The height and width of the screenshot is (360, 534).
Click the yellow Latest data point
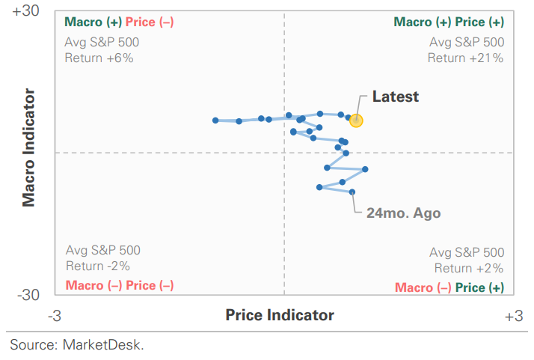point(356,120)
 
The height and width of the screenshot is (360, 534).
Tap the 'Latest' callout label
point(395,97)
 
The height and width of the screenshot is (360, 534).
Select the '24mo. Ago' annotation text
point(403,213)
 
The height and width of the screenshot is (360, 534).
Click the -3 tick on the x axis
point(54,316)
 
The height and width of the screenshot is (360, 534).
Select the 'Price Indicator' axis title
point(280,315)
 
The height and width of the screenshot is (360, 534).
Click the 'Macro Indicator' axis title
point(28,147)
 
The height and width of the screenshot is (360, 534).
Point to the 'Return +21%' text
point(465,58)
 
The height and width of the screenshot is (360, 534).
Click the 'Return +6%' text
point(99,58)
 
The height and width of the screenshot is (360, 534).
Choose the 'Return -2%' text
point(98,266)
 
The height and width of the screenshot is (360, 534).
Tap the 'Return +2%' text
point(468,268)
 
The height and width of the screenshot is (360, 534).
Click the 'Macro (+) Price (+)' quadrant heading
point(449,22)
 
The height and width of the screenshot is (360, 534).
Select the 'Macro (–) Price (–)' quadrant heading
point(120,285)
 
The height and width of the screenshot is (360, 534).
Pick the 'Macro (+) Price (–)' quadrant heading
point(120,22)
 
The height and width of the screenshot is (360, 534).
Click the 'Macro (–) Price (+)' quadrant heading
point(449,287)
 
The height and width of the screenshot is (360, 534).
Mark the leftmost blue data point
point(215,120)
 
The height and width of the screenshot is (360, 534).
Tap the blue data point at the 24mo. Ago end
point(352,192)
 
